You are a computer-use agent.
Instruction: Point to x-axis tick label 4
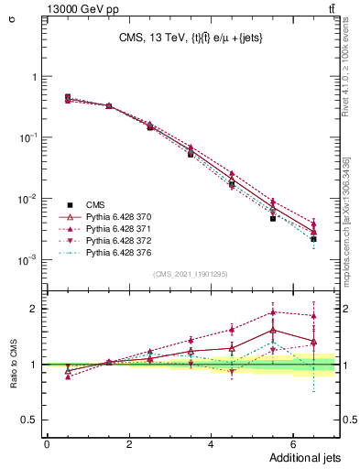212,443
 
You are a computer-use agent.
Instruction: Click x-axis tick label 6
293,443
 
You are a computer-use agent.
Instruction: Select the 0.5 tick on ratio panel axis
34,420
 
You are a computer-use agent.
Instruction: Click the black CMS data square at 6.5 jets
313,239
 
